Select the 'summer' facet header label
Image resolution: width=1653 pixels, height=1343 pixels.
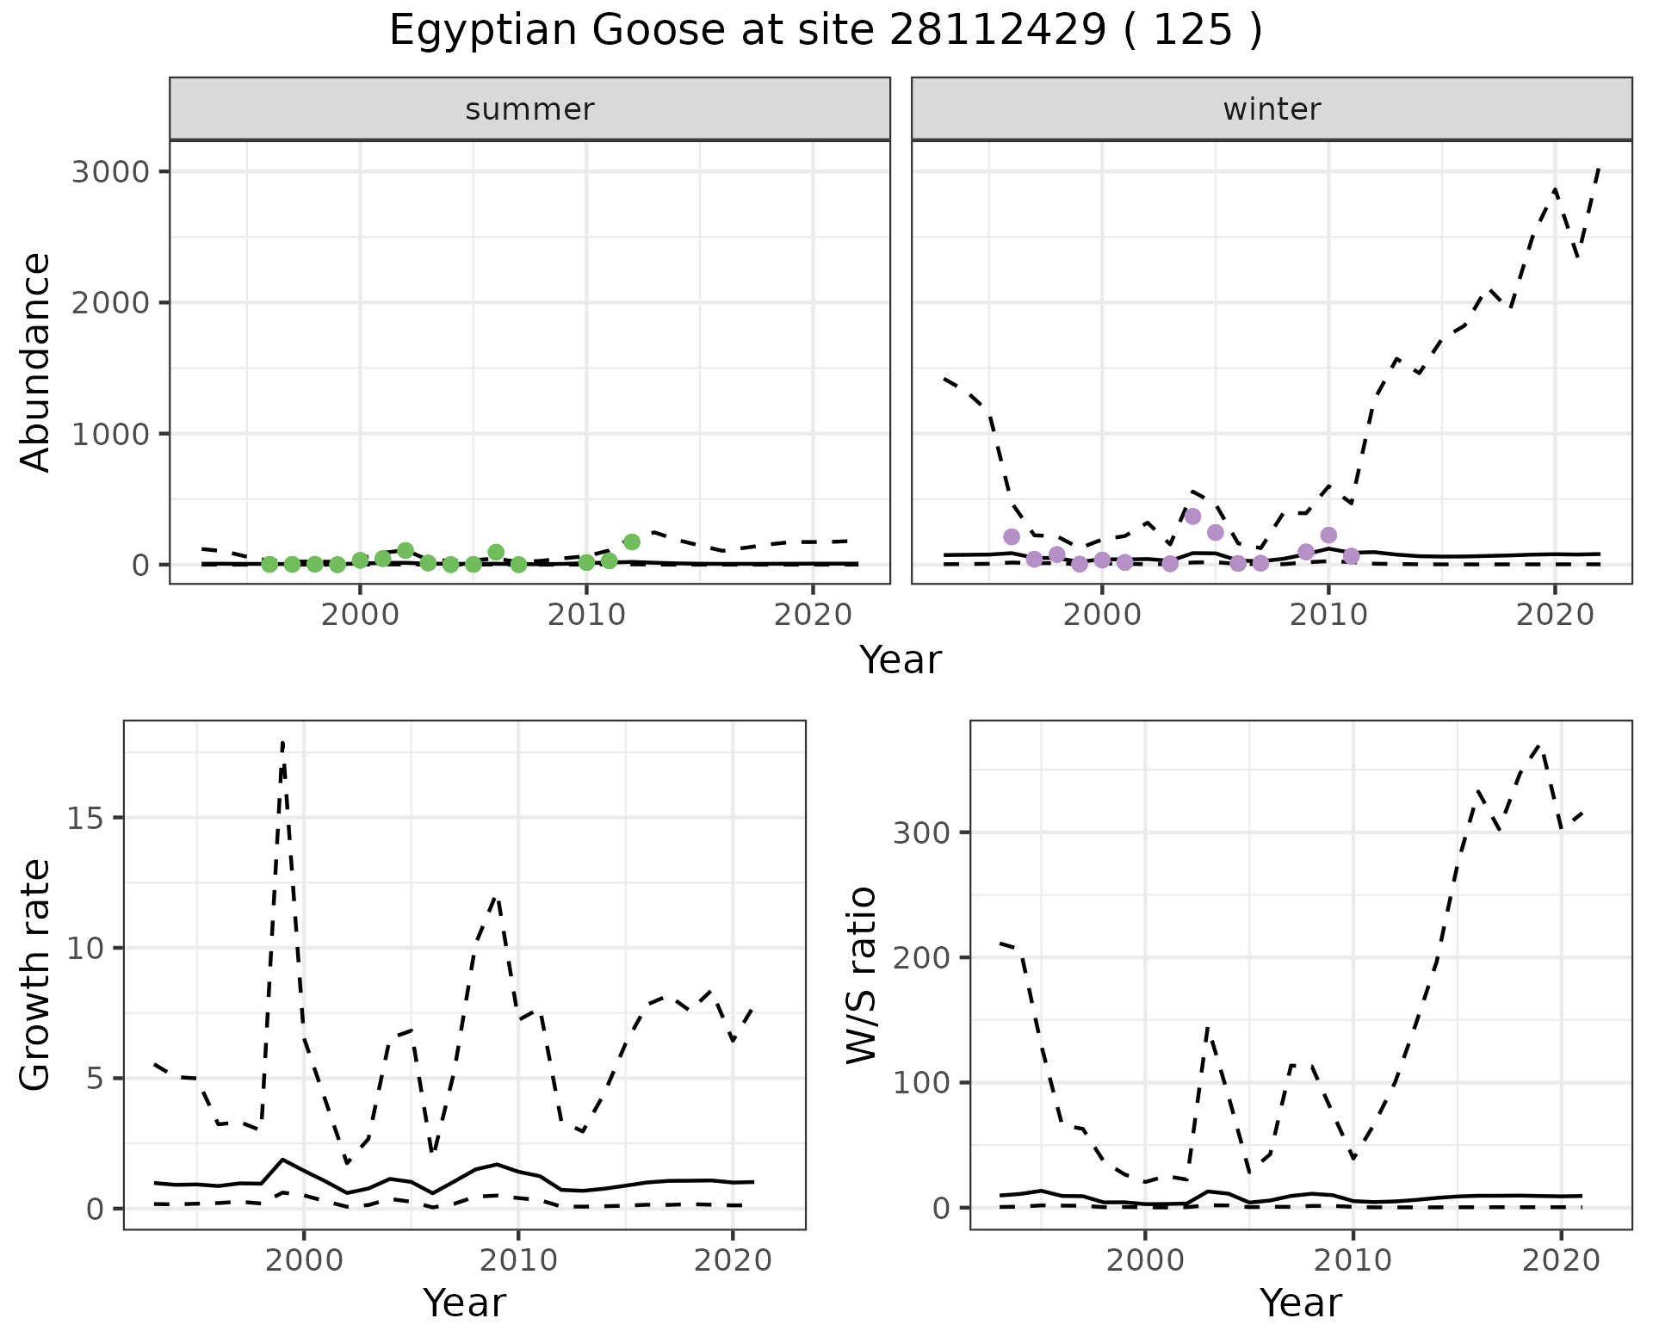[529, 109]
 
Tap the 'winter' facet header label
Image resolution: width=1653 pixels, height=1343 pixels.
[1272, 109]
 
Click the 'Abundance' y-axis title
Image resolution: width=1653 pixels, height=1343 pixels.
[36, 362]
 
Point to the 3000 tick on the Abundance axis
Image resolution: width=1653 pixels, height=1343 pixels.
[110, 172]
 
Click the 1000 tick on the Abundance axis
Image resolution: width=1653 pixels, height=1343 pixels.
[110, 434]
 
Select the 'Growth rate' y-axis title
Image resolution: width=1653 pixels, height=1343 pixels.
[36, 975]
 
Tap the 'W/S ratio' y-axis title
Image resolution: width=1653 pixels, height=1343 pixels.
[861, 975]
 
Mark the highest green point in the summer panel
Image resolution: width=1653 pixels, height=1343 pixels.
[631, 542]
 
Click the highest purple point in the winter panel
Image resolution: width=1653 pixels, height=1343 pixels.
[1192, 517]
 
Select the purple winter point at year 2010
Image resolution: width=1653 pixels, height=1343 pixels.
[1328, 535]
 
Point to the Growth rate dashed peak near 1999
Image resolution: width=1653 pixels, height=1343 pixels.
[282, 742]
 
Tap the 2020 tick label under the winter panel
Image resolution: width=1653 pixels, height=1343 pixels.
[1554, 616]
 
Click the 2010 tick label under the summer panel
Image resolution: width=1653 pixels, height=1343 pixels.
[586, 616]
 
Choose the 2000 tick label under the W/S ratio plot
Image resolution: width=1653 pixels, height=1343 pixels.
[1145, 1261]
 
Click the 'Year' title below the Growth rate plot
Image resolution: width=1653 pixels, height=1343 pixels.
[464, 1303]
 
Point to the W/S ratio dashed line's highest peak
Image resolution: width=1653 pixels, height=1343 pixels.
[1540, 746]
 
